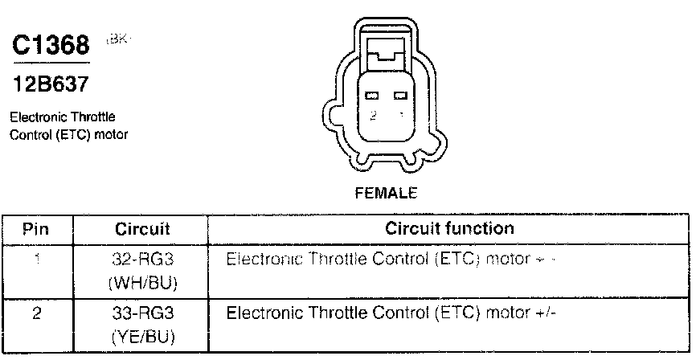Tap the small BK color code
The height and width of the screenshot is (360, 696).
coord(117,39)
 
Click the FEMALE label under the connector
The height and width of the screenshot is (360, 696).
coord(386,193)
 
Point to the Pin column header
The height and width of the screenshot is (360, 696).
coord(35,229)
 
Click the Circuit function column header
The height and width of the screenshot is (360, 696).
coord(449,229)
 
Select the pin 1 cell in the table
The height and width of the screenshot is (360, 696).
coord(35,260)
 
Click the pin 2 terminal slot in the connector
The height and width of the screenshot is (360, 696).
coord(373,96)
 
